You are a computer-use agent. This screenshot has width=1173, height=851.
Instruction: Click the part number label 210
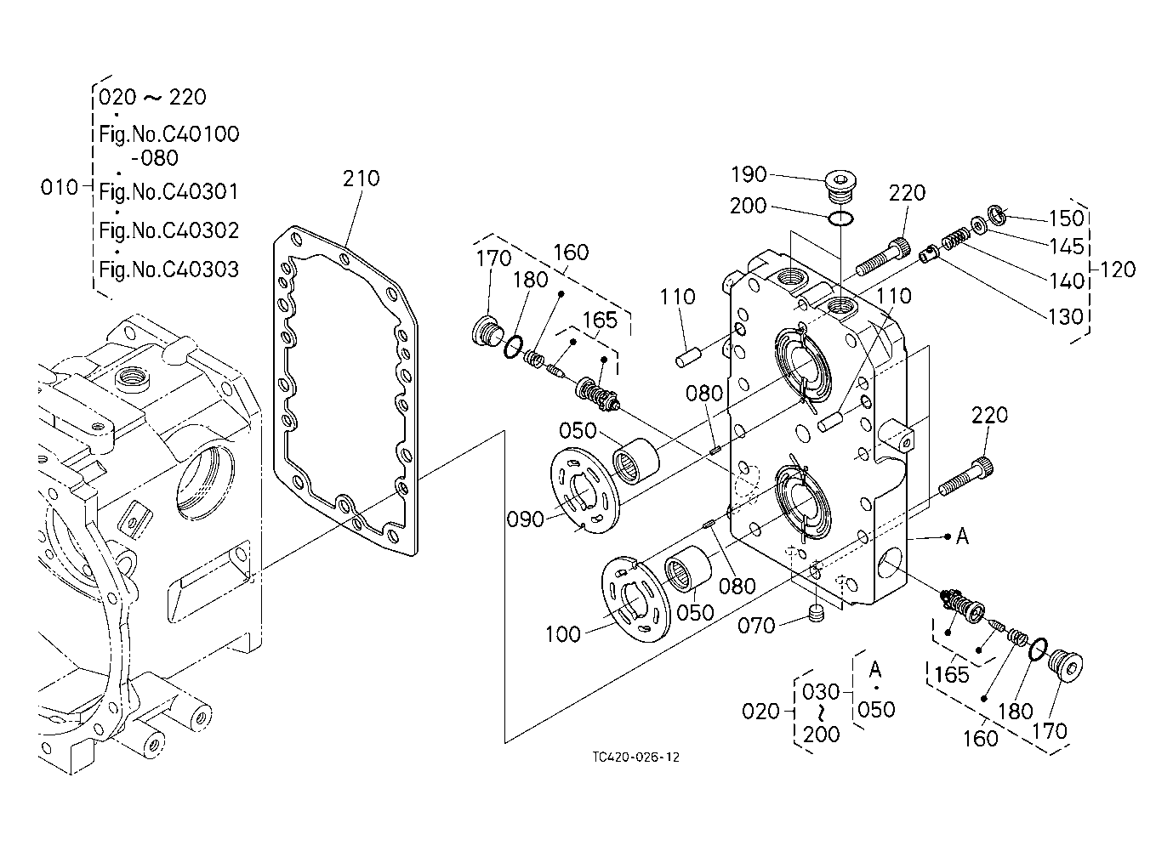point(361,179)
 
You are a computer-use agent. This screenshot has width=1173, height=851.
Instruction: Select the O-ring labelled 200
point(840,218)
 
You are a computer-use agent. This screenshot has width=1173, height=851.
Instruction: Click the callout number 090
point(525,519)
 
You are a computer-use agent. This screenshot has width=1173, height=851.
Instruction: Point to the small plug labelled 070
point(816,614)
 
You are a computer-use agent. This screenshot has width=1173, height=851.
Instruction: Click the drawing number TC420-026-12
point(635,757)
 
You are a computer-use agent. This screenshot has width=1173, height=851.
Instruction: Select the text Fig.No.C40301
point(168,193)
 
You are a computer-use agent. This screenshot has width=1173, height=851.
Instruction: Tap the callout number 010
point(59,187)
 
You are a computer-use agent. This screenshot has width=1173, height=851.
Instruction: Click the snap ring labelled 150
point(997,214)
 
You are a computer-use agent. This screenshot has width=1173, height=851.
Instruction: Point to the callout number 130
point(1065,316)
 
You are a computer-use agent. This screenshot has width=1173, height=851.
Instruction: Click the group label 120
point(1117,270)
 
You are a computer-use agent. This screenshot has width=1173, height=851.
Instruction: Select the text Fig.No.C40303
point(168,270)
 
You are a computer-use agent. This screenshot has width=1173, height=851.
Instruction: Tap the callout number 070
point(755,626)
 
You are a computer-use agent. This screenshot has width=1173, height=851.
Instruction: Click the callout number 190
point(749,175)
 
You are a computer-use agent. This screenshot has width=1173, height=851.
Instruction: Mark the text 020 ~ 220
point(152,98)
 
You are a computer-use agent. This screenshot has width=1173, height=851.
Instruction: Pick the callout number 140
point(1066,281)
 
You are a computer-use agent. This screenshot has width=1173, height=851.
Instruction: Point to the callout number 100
point(563,635)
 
